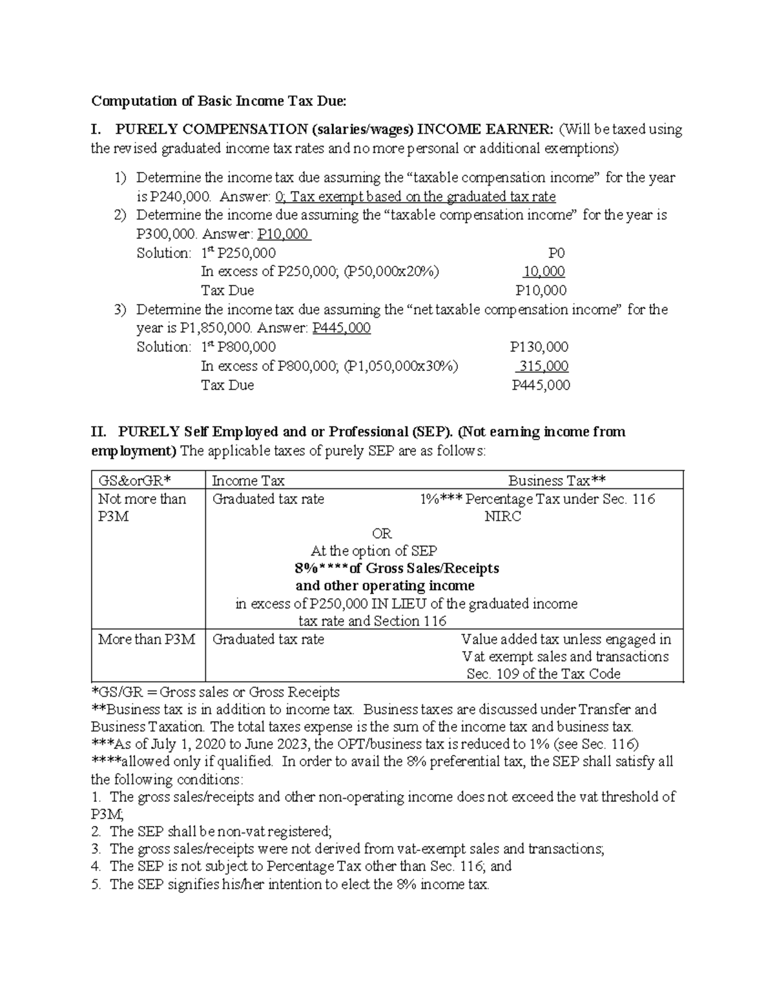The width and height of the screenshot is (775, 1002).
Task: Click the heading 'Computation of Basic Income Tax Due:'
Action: [218, 101]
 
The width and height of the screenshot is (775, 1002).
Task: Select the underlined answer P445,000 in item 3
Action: [341, 328]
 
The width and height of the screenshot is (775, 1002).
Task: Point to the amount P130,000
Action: [539, 347]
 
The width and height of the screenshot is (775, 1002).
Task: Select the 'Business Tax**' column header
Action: [557, 481]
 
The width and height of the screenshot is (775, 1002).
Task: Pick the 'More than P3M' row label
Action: [147, 639]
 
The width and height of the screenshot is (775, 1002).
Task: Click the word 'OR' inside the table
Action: [382, 534]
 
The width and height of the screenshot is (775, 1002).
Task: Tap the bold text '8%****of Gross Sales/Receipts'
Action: [397, 568]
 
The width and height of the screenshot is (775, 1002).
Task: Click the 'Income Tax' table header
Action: [248, 481]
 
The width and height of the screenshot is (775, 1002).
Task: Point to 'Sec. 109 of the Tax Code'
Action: [543, 674]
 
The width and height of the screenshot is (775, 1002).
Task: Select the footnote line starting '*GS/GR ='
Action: [216, 692]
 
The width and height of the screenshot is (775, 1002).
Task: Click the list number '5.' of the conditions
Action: [97, 885]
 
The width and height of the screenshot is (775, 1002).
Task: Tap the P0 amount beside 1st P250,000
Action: [556, 254]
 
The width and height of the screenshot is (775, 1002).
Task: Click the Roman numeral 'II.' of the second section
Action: [99, 432]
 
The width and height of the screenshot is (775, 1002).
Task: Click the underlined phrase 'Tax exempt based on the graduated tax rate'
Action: [423, 197]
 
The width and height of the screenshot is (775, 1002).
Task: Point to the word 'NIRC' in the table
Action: [502, 516]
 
